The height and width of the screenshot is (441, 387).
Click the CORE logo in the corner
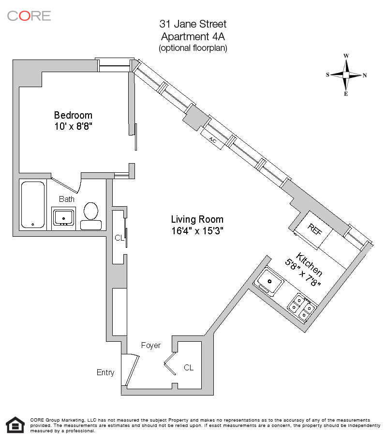click(x=29, y=15)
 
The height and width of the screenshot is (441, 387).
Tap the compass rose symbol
click(x=346, y=75)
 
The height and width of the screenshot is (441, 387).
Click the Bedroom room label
click(x=73, y=115)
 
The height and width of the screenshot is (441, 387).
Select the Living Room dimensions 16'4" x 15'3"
click(x=197, y=230)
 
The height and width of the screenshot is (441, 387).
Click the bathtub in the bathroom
click(x=33, y=205)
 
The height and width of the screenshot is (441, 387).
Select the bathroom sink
click(x=63, y=216)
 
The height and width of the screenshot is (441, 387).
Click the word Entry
click(x=105, y=372)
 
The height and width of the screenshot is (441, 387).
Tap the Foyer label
click(x=150, y=345)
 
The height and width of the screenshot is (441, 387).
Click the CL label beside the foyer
click(x=189, y=368)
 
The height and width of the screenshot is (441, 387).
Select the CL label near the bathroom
click(x=119, y=238)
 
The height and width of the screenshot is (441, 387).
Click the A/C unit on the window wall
click(x=212, y=139)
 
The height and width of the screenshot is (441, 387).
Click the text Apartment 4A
click(x=193, y=36)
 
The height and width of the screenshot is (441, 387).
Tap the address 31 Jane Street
click(x=193, y=24)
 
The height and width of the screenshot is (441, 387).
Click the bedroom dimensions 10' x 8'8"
click(x=73, y=126)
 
